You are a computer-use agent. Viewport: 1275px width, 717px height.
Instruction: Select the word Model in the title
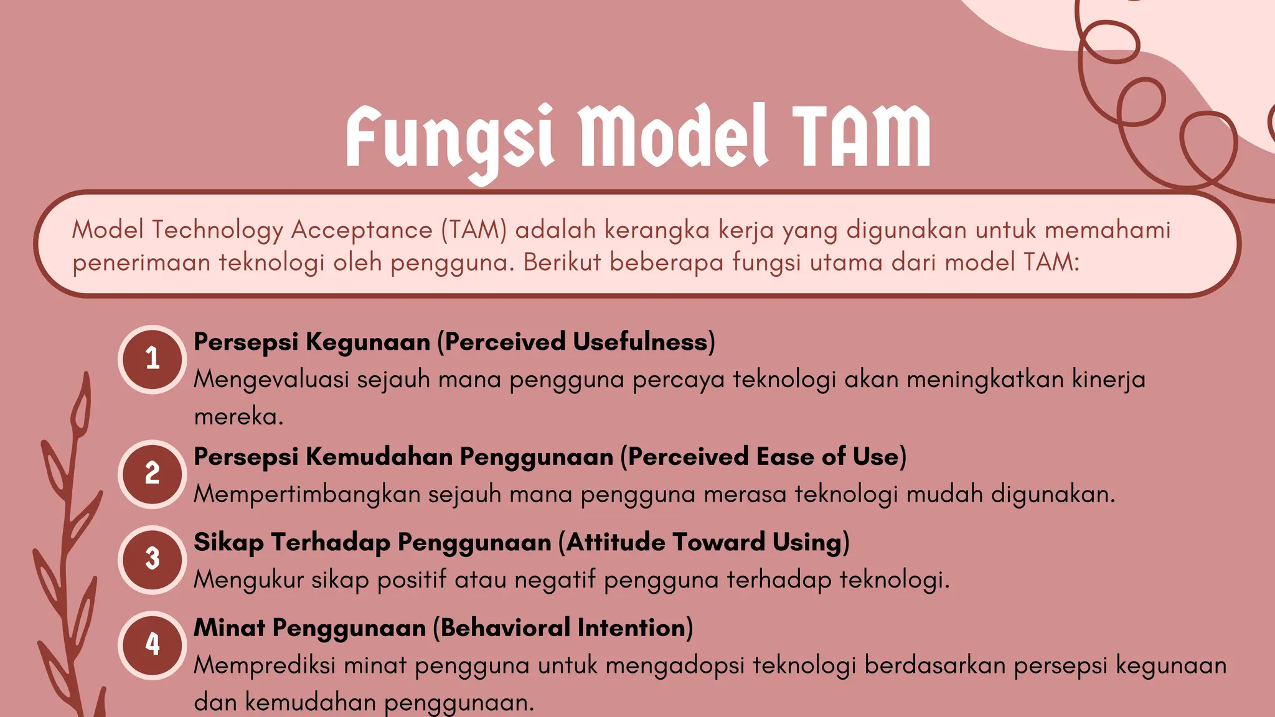[x=673, y=137]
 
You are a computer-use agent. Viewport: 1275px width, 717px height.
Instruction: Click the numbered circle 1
[x=153, y=359]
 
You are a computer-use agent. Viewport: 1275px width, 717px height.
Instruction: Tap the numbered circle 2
[x=153, y=474]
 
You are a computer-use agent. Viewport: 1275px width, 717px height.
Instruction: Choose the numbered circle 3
[x=153, y=559]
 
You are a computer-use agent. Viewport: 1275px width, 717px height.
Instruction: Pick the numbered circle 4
[x=153, y=644]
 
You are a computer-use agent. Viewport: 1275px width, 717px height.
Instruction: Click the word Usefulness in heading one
[x=644, y=342]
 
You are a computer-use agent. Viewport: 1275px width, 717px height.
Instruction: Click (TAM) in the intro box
[x=474, y=230]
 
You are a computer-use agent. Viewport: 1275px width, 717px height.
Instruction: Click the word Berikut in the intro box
[x=562, y=262]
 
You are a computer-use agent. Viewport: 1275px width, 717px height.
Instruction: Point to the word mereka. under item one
[x=238, y=416]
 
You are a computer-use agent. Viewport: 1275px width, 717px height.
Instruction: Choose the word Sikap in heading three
[x=228, y=542]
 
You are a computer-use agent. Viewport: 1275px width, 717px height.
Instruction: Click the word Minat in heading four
[x=229, y=627]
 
